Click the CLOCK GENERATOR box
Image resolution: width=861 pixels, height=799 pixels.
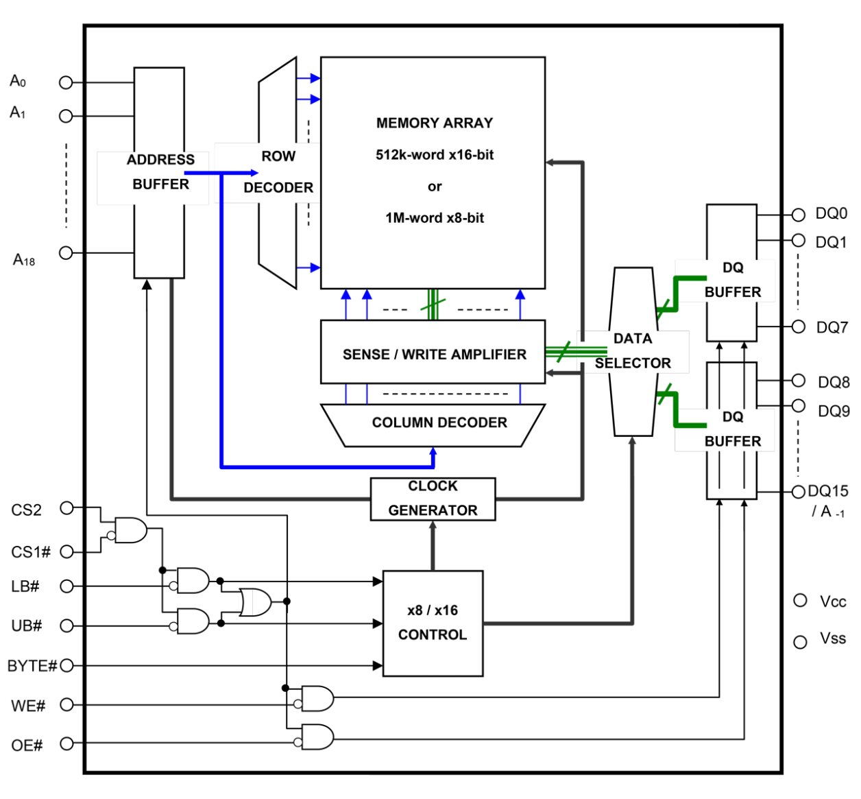433,499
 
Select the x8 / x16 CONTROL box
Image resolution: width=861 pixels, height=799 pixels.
433,623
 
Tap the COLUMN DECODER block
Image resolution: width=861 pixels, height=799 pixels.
439,423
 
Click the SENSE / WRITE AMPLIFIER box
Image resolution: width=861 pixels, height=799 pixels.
433,354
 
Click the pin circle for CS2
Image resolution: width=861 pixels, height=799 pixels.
66,508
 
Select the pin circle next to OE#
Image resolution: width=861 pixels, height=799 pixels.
66,743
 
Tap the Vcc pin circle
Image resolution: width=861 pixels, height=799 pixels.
800,601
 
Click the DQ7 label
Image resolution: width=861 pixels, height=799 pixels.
832,328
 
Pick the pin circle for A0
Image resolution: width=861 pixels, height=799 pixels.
66,82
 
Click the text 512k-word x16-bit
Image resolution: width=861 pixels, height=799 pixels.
435,155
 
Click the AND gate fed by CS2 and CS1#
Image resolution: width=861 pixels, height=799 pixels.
130,530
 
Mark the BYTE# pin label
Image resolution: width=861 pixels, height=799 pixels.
32,666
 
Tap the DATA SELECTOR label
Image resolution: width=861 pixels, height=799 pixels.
633,350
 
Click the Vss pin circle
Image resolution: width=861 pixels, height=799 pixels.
800,642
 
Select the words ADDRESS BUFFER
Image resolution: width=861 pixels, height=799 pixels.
160,171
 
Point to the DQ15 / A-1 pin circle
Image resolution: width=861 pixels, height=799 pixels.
798,492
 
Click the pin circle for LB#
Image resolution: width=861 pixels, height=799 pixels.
66,586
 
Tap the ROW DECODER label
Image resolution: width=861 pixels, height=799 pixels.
278,171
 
